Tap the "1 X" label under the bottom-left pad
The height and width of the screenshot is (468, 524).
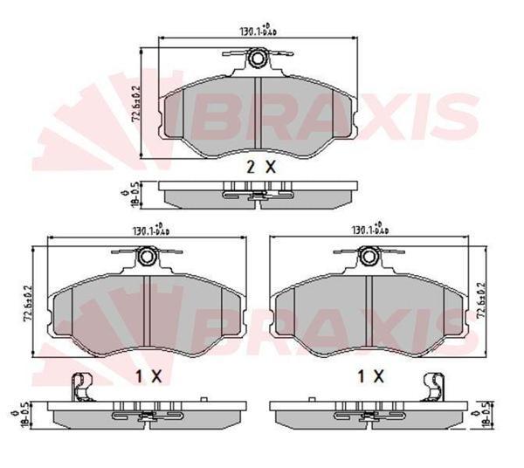point(150,376)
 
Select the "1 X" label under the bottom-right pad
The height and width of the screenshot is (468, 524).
point(371,376)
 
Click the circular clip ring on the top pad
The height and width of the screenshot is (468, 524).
point(258,58)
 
